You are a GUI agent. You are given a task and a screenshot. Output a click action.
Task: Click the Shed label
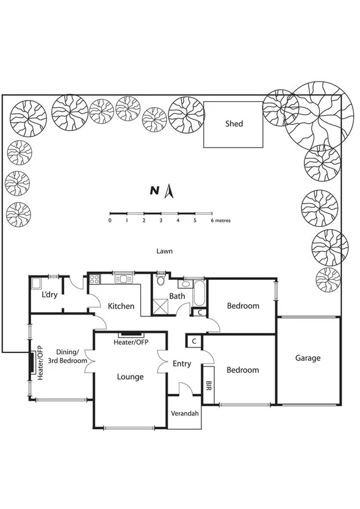234,124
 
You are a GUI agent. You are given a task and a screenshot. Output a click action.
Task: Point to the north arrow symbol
171,191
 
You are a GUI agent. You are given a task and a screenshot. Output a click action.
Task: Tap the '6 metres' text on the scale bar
220,220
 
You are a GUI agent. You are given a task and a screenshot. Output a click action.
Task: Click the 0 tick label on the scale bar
110,220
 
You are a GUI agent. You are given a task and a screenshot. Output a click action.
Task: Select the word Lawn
164,251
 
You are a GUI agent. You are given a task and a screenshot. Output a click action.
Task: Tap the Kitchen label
121,306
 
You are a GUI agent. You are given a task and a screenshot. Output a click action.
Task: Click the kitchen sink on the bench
124,279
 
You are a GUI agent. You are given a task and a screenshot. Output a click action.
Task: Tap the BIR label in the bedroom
209,385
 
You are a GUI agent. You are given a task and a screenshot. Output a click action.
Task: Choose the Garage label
308,358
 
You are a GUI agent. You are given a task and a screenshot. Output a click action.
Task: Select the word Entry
182,364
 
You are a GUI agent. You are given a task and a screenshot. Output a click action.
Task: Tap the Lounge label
130,377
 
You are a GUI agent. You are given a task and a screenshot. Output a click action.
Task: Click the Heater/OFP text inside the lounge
131,343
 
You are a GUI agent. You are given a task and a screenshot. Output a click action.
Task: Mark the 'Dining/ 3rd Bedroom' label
72,356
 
